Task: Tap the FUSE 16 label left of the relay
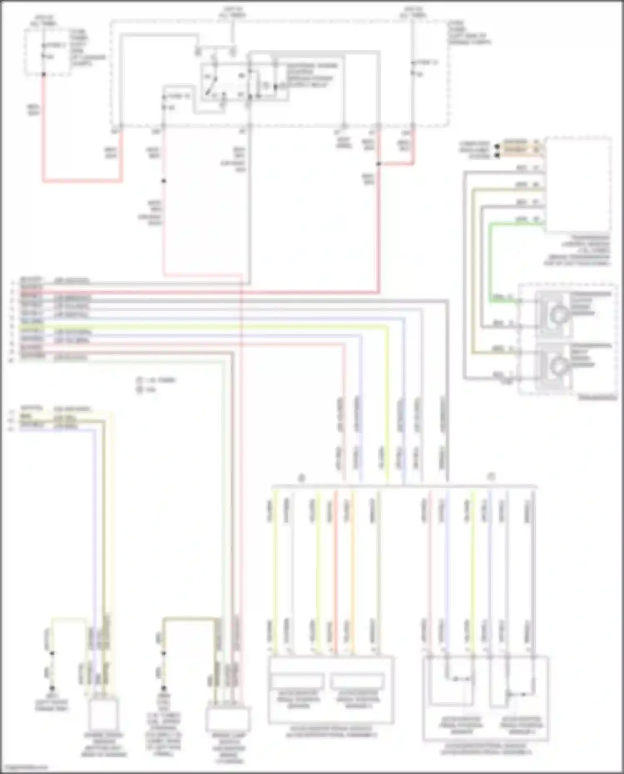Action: point(178,96)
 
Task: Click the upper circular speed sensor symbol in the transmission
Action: point(557,315)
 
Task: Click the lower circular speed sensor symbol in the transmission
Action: point(557,366)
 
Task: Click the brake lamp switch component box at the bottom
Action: point(228,719)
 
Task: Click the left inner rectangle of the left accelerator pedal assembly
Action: point(297,681)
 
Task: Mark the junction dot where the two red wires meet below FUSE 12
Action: point(379,164)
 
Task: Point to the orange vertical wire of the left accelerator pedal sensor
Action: point(353,574)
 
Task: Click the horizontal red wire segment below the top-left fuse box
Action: point(83,181)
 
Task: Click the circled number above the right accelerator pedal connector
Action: point(492,477)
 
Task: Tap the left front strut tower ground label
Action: point(52,702)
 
